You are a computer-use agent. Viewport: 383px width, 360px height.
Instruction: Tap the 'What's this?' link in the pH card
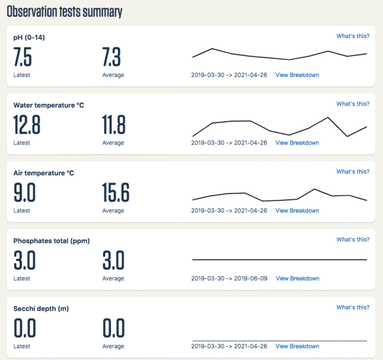(x=352, y=36)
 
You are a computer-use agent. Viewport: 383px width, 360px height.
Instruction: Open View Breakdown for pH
(x=297, y=75)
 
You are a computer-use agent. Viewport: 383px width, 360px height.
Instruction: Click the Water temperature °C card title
(x=49, y=105)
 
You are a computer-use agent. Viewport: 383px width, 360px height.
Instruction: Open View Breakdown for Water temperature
(x=297, y=143)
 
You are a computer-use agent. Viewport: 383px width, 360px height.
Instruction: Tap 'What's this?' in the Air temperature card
(x=352, y=172)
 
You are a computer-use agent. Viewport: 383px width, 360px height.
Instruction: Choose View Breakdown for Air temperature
(x=297, y=211)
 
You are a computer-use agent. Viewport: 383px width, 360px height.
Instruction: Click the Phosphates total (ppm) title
(x=52, y=241)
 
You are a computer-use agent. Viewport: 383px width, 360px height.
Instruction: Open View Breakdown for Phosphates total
(x=297, y=278)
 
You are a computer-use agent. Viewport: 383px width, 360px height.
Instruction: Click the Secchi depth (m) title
(x=41, y=308)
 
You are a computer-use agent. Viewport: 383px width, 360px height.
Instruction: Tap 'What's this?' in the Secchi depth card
(x=352, y=307)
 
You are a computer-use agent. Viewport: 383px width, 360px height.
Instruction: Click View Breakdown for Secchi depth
(x=297, y=346)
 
